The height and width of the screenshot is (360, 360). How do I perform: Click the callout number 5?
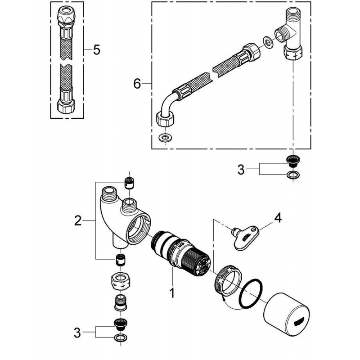coord(96,49)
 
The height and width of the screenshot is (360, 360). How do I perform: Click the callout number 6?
coord(137,83)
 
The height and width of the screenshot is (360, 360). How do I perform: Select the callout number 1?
coord(171,293)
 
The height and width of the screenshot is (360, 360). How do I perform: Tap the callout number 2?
coord(78,220)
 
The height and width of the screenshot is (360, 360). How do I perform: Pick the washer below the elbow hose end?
coord(165,136)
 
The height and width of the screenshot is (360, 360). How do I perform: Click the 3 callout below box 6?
coord(241,170)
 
